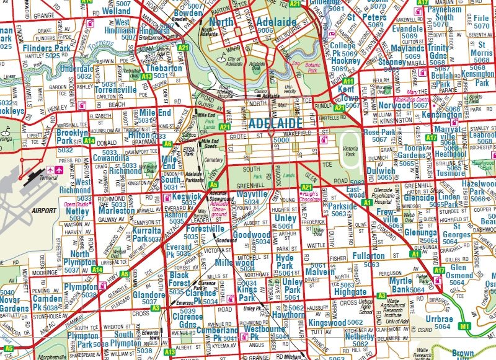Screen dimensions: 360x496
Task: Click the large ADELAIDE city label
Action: click(x=268, y=123)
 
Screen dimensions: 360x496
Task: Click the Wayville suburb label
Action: click(x=251, y=195)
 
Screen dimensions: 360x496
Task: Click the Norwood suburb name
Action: click(x=394, y=105)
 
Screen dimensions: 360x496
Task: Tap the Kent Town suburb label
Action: click(x=349, y=94)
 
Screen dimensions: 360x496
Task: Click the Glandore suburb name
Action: click(x=149, y=295)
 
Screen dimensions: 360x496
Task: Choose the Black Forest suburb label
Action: click(x=179, y=279)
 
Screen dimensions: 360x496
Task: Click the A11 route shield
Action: click(x=348, y=81)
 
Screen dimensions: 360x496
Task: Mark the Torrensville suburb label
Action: click(x=115, y=90)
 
